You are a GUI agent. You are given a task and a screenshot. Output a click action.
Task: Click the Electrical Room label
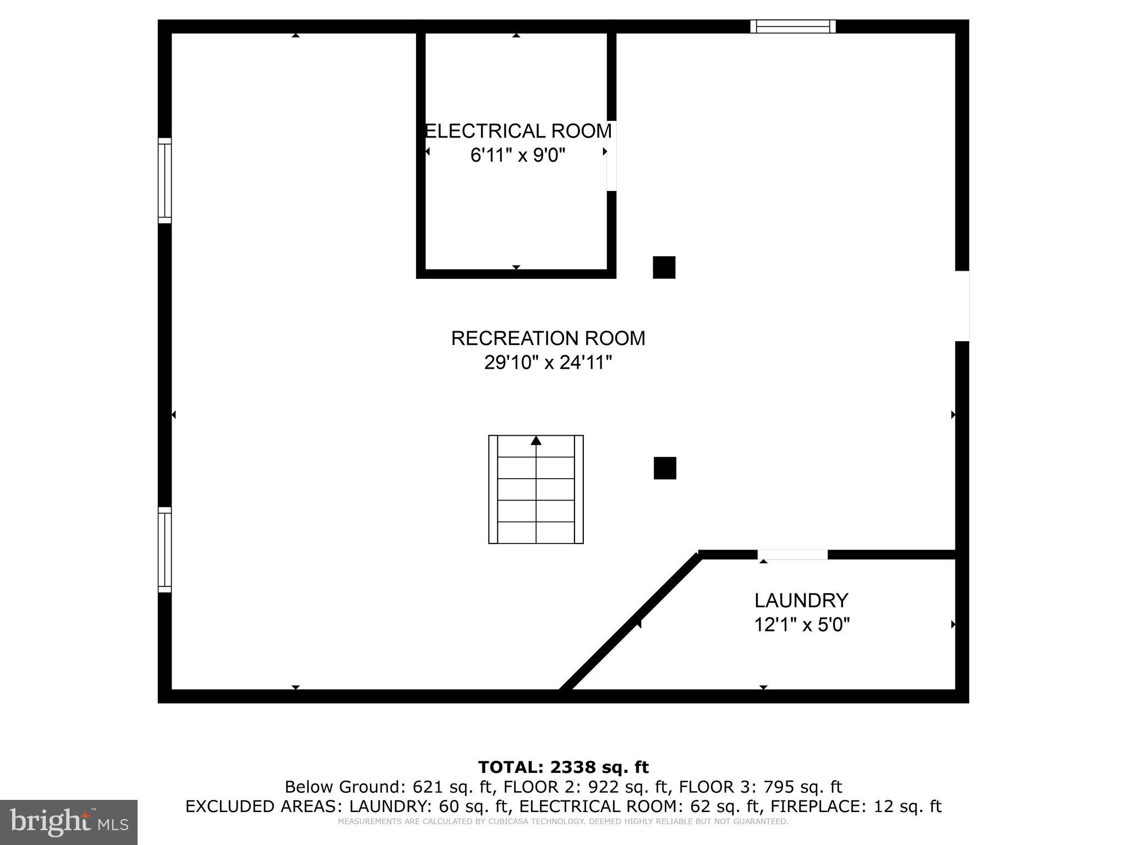pos(518,131)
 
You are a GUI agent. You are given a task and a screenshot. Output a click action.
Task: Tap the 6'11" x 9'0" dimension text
pos(518,156)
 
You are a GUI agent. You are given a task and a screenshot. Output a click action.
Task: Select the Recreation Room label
pos(548,338)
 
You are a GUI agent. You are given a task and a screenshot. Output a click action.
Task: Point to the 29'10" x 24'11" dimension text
pos(548,363)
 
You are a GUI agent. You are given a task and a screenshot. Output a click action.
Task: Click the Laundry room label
pos(801,600)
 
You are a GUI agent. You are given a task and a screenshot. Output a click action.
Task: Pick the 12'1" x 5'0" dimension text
pos(802,625)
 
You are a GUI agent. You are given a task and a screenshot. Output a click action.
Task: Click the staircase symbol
pos(536,490)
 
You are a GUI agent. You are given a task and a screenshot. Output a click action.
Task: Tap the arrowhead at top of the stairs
pos(536,441)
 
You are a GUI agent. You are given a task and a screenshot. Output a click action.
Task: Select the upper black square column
pos(664,267)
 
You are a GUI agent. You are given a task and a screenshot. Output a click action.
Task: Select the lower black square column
pos(665,468)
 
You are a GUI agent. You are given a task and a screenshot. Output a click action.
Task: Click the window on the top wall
pos(793,26)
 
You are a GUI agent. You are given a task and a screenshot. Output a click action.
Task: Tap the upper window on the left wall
pos(165,180)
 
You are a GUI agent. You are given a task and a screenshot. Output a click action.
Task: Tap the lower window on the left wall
pos(165,550)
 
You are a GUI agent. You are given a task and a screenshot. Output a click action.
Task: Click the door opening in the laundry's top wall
pos(792,555)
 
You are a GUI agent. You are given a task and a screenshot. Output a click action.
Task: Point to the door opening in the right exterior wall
pos(961,306)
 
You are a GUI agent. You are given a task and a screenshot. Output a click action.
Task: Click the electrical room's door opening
pos(611,156)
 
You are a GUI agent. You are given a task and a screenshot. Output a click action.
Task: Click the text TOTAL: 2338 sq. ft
pos(563,767)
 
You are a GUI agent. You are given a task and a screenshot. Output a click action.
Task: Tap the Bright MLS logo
pos(68,822)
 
